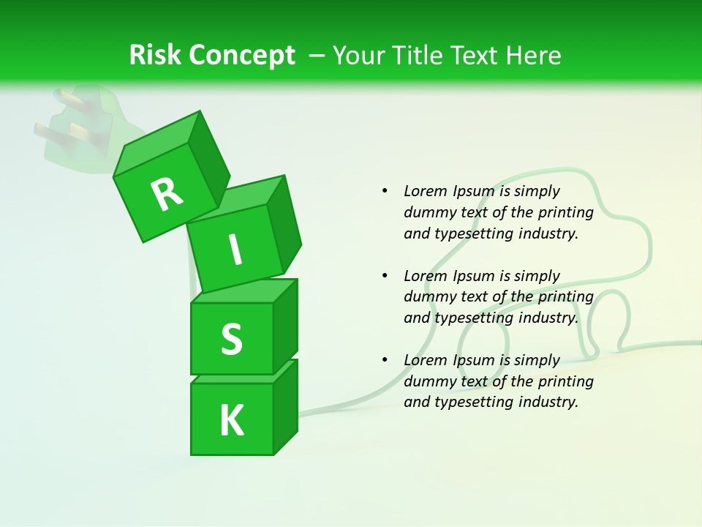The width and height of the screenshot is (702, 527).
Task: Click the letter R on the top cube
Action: coord(167,195)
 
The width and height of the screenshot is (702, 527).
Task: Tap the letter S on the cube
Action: coord(231,339)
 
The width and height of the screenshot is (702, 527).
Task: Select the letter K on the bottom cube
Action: coord(231,420)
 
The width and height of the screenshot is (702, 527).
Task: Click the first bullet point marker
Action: coord(385,191)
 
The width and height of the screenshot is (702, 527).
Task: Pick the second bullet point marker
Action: coord(385,276)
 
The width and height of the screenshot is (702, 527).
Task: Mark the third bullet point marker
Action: coord(385,360)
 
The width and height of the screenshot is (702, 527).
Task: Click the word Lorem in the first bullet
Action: coord(425,191)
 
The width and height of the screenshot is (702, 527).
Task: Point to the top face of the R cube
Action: coord(157,139)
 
